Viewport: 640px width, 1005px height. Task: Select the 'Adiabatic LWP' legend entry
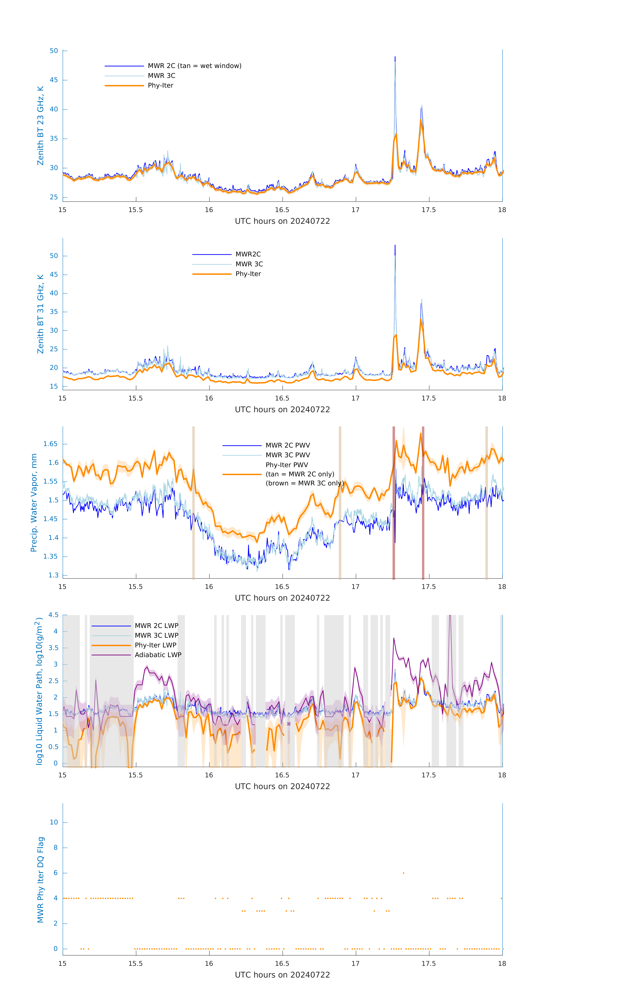pyautogui.click(x=158, y=655)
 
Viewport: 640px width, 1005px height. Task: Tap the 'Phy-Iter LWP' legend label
pyautogui.click(x=155, y=645)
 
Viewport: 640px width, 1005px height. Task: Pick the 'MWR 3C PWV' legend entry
pyautogui.click(x=288, y=455)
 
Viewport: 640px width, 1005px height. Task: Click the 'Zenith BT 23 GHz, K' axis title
pyautogui.click(x=40, y=126)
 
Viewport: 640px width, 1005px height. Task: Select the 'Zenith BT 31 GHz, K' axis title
pyautogui.click(x=40, y=314)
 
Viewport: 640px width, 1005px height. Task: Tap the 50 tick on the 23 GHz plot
pyautogui.click(x=54, y=51)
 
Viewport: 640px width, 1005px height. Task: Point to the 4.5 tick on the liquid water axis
pyautogui.click(x=53, y=615)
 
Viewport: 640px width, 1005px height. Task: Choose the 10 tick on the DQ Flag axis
pyautogui.click(x=54, y=822)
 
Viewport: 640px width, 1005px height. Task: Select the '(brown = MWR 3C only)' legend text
pyautogui.click(x=305, y=483)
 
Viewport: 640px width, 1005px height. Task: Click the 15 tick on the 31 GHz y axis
pyautogui.click(x=54, y=386)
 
